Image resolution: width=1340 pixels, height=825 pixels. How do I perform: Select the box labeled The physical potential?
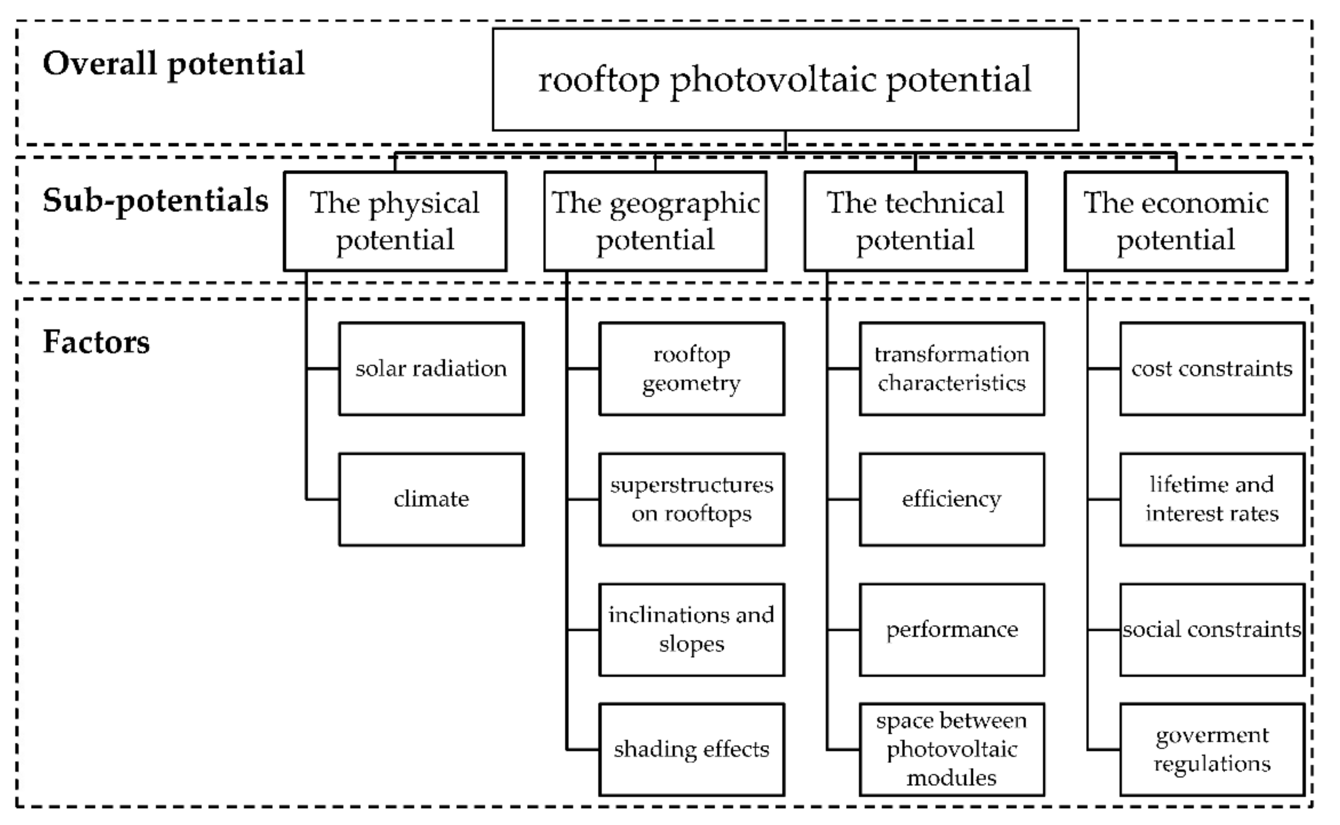pos(395,221)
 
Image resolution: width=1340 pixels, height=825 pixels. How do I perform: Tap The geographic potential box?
pos(655,221)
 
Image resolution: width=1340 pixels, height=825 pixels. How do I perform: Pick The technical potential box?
pos(915,221)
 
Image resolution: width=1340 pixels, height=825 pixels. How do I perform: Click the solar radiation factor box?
pos(431,369)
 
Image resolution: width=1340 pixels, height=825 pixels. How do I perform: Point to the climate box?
pos(431,499)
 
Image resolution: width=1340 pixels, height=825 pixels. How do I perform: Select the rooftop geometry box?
pos(691,369)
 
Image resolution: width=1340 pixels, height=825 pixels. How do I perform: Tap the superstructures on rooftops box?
pos(691,499)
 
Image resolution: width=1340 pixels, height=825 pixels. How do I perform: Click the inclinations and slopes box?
pos(691,629)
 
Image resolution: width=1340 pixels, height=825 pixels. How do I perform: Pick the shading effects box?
pos(691,749)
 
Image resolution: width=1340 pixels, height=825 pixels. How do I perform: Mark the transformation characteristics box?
pos(952,369)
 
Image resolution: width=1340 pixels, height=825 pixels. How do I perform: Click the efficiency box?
pos(952,499)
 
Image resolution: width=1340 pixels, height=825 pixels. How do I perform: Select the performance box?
pos(952,629)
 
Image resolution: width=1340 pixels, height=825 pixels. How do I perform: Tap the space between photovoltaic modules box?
pos(952,749)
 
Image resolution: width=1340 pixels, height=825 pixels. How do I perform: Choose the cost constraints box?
pos(1212,369)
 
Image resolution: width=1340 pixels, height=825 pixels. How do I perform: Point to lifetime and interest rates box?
pos(1212,499)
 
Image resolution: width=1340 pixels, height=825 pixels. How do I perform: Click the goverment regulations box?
pos(1212,749)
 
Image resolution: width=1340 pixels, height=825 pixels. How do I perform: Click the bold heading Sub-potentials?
pos(155,201)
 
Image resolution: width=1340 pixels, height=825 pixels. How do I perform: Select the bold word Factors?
pos(96,342)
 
